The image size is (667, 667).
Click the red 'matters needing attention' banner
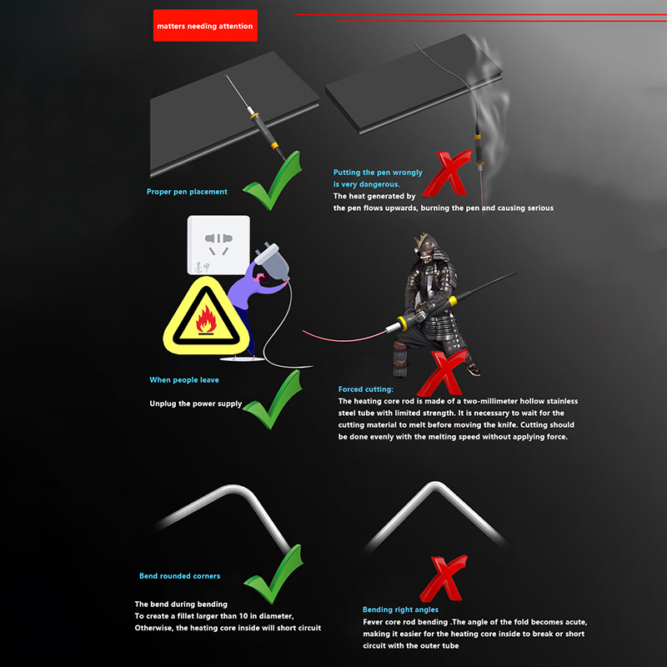[x=205, y=26]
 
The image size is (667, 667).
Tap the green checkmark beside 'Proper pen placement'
[x=273, y=181]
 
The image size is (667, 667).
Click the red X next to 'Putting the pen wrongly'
[x=447, y=173]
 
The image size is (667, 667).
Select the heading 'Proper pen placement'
[x=187, y=192]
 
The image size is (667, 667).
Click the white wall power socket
[x=218, y=245]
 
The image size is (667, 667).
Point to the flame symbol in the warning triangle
[x=206, y=319]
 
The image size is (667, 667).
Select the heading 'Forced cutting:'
[x=365, y=389]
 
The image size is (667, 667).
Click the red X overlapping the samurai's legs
[x=444, y=373]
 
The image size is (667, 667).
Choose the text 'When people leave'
[x=184, y=380]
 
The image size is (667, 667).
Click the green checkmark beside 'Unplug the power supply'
[x=273, y=400]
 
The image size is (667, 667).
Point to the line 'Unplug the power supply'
[x=196, y=404]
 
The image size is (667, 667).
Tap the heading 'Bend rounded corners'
[x=179, y=576]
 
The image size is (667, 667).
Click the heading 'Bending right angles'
[x=400, y=609]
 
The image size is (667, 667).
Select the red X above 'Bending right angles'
[x=444, y=579]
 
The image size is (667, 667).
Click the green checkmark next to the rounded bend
[x=273, y=574]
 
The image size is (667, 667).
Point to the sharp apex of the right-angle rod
[x=435, y=484]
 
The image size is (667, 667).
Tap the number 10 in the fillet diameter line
[x=243, y=616]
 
